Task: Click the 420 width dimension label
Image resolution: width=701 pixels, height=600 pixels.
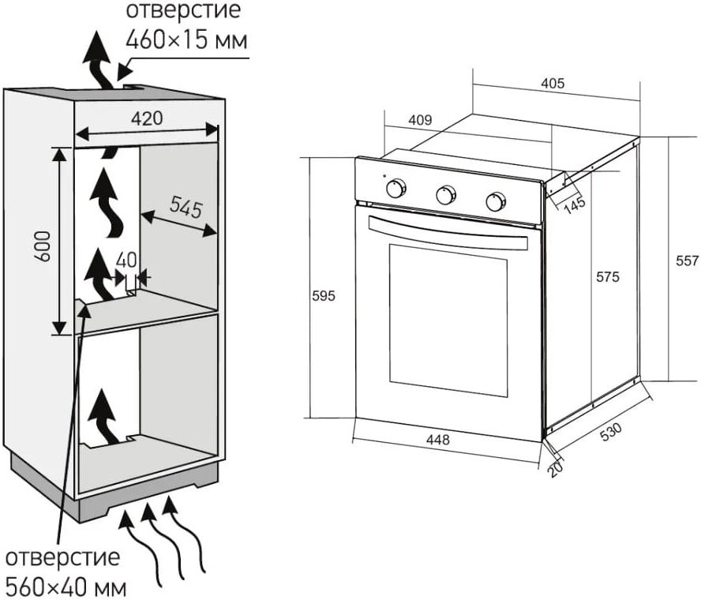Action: [x=147, y=119]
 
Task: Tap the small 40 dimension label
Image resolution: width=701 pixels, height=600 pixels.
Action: [x=126, y=260]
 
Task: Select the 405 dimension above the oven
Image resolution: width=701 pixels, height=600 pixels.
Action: [x=553, y=84]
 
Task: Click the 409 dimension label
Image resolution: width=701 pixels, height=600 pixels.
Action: [x=420, y=120]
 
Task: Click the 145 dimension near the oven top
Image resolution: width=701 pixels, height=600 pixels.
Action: [x=575, y=204]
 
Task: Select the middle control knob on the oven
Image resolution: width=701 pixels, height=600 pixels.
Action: [x=447, y=194]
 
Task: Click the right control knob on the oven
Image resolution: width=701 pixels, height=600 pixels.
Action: [x=496, y=201]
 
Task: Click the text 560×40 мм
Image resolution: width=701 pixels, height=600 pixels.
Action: [x=66, y=586]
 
